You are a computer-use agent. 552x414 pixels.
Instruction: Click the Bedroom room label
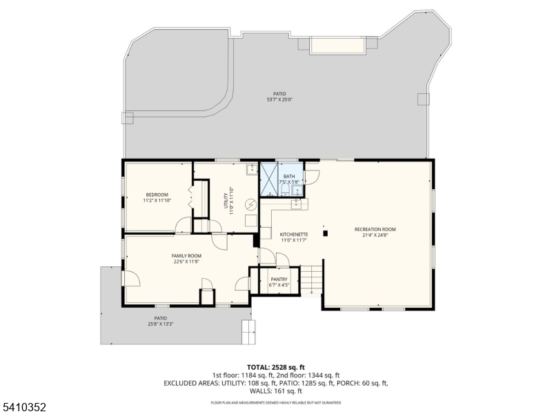[157, 195]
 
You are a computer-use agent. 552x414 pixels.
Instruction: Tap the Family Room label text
[186, 255]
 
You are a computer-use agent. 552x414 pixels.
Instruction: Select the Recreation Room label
[375, 229]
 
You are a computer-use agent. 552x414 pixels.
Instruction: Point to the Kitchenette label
[293, 235]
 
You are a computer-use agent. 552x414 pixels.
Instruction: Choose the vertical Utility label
[226, 201]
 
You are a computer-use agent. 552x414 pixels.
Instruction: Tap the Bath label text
[288, 177]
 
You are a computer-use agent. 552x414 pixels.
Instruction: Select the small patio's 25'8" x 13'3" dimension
[160, 324]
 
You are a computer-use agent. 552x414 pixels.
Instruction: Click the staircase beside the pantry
[313, 279]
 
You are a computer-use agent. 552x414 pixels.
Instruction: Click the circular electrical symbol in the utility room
[251, 204]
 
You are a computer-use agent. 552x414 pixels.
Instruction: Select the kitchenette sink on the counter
[297, 204]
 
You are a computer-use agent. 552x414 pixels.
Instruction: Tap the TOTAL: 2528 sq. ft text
[275, 367]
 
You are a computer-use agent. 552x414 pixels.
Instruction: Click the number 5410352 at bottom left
[23, 407]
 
